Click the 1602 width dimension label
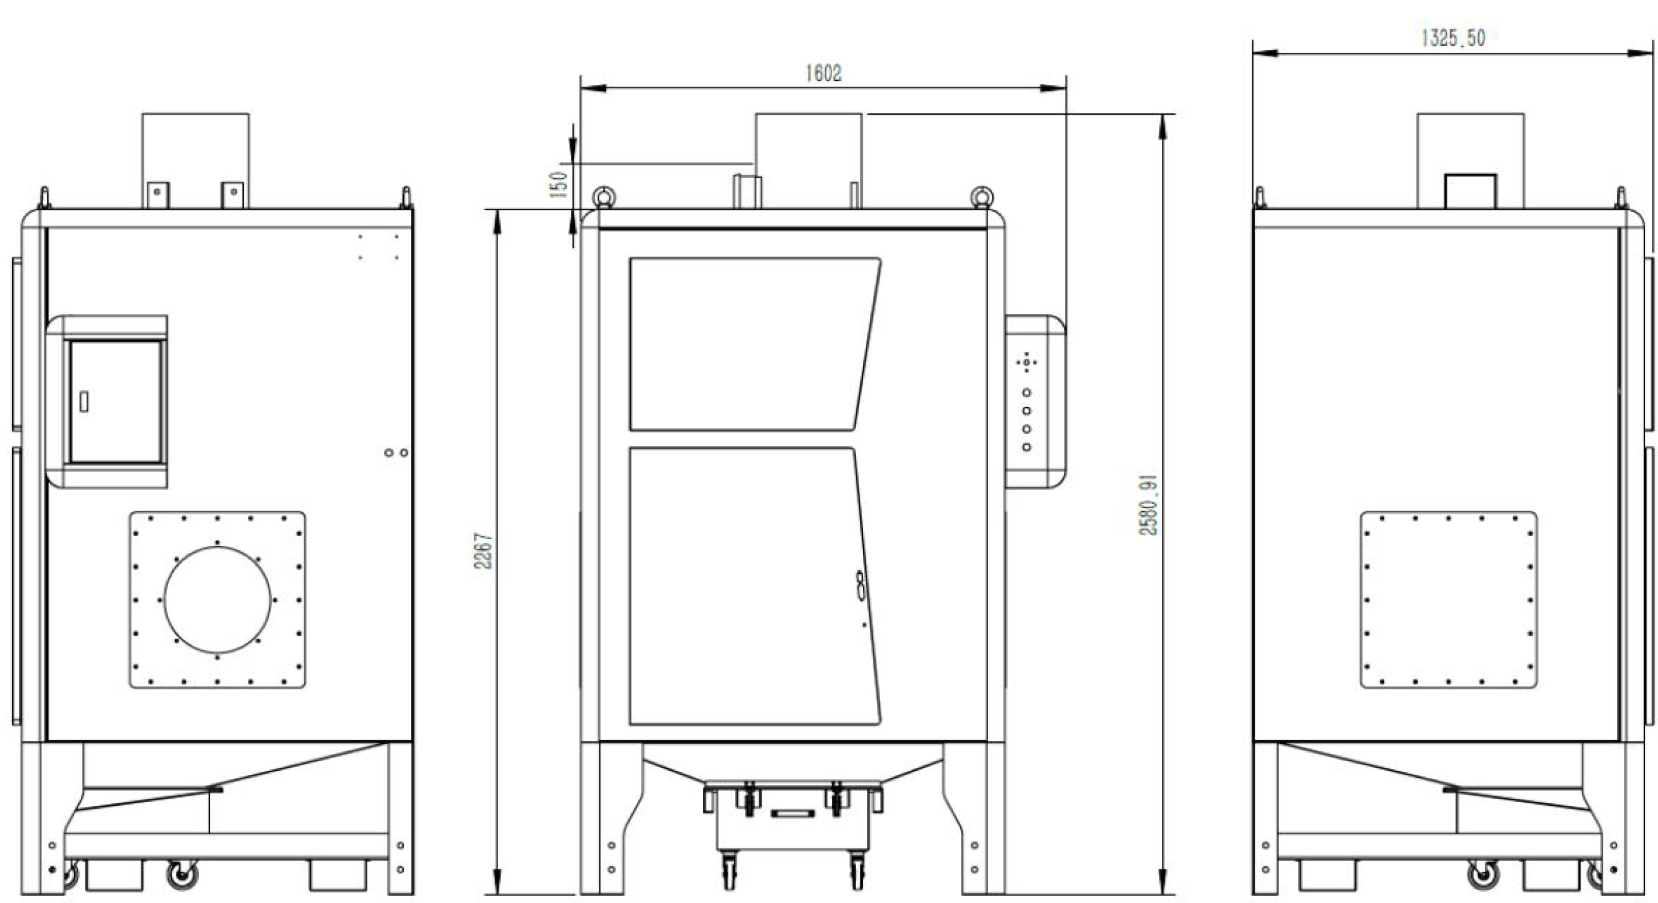[823, 73]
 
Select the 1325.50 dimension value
[1453, 38]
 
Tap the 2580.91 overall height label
[1149, 505]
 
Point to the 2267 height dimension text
[484, 551]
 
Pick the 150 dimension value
[559, 184]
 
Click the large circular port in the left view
[218, 600]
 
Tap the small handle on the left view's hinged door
[84, 402]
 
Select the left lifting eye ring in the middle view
[603, 196]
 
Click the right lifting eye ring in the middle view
[982, 196]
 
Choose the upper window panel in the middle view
[755, 344]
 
